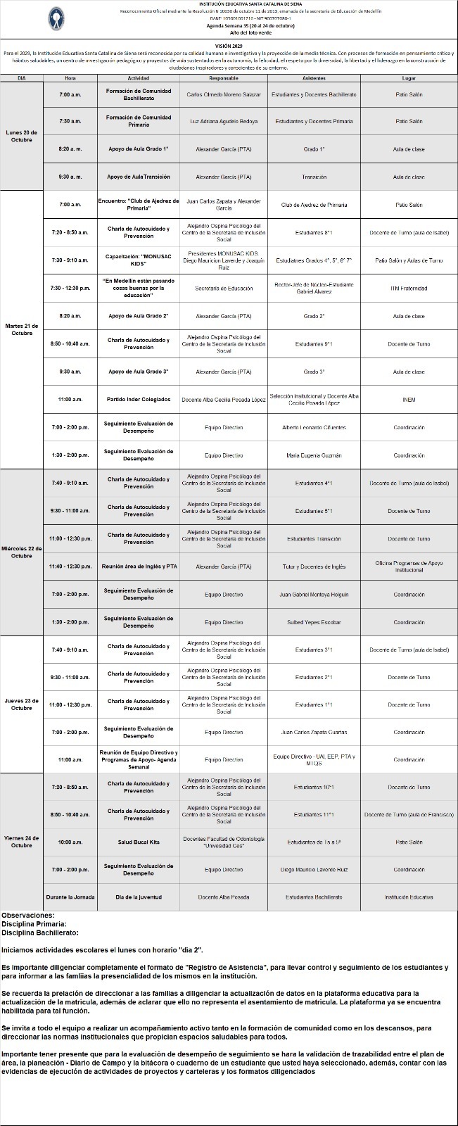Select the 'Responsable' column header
point(224,78)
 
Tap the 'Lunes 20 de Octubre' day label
point(22,136)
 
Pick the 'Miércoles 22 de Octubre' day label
point(22,552)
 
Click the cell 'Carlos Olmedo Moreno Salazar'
point(224,94)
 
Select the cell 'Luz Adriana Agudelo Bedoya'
point(224,122)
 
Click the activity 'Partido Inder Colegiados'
point(139,400)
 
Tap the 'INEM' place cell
point(409,400)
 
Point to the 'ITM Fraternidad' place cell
point(409,289)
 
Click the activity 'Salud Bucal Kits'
point(139,842)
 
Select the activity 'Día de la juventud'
point(139,897)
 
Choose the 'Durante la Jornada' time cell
point(70,897)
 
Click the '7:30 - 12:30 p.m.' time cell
point(70,289)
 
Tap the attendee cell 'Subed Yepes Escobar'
point(314,622)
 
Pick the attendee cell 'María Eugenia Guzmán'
point(314,455)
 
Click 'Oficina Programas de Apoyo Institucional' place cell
point(409,567)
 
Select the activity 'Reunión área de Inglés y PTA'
point(139,567)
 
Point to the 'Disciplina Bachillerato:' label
point(39,932)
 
